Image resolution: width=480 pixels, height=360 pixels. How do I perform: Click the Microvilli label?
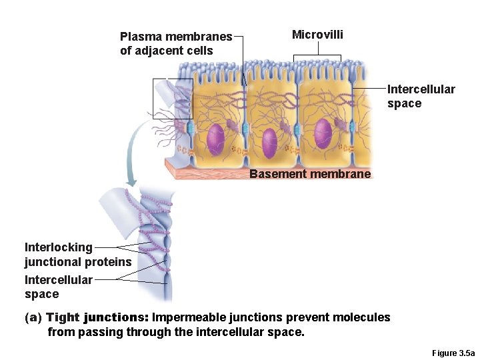(x=317, y=35)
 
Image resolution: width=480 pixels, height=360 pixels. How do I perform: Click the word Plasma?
(x=139, y=37)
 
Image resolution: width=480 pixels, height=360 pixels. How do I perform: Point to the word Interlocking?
(x=59, y=247)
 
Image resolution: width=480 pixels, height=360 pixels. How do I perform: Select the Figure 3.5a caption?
(x=453, y=353)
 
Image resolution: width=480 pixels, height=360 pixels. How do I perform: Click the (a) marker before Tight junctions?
(x=33, y=317)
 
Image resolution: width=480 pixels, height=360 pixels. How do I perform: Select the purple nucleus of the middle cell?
(x=269, y=143)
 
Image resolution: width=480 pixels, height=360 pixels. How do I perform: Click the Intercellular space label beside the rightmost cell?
(x=421, y=96)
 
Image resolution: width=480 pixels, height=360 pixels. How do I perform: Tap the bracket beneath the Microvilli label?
(x=317, y=59)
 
